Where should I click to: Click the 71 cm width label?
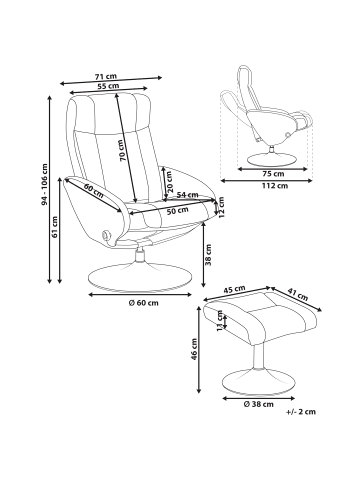pyautogui.click(x=106, y=76)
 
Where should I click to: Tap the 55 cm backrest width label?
pyautogui.click(x=108, y=86)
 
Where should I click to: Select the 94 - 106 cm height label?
pyautogui.click(x=44, y=184)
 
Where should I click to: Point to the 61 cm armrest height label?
pyautogui.click(x=55, y=227)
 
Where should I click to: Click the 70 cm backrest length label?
pyautogui.click(x=122, y=150)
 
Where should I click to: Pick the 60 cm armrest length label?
pyautogui.click(x=94, y=191)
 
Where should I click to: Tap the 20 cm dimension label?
pyautogui.click(x=170, y=182)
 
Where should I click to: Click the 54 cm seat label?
pyautogui.click(x=187, y=195)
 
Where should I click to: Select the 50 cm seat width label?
pyautogui.click(x=178, y=211)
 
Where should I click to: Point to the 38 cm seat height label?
pyautogui.click(x=209, y=255)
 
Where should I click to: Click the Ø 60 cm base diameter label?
pyautogui.click(x=144, y=303)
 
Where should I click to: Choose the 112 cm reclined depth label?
pyautogui.click(x=273, y=186)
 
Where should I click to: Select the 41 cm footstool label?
pyautogui.click(x=298, y=294)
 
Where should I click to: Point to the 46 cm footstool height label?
pyautogui.click(x=194, y=349)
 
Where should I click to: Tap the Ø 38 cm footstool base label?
pyautogui.click(x=259, y=404)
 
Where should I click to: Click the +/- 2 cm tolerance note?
pyautogui.click(x=301, y=412)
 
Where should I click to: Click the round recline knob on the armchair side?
pyautogui.click(x=106, y=234)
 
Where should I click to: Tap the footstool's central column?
pyautogui.click(x=259, y=356)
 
